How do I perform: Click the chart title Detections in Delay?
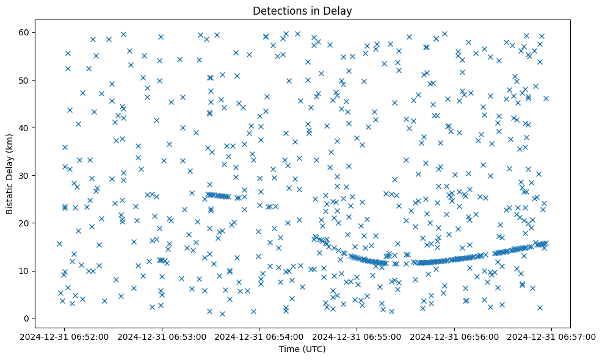302,11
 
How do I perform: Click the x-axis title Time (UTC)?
302,349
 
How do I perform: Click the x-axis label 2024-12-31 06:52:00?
65,336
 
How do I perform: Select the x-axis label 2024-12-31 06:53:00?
162,336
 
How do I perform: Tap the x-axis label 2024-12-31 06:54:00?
259,336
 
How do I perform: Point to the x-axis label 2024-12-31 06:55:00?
357,336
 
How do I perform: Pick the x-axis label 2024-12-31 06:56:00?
454,336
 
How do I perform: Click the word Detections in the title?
278,11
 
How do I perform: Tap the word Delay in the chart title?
339,11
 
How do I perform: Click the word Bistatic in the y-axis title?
10,196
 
